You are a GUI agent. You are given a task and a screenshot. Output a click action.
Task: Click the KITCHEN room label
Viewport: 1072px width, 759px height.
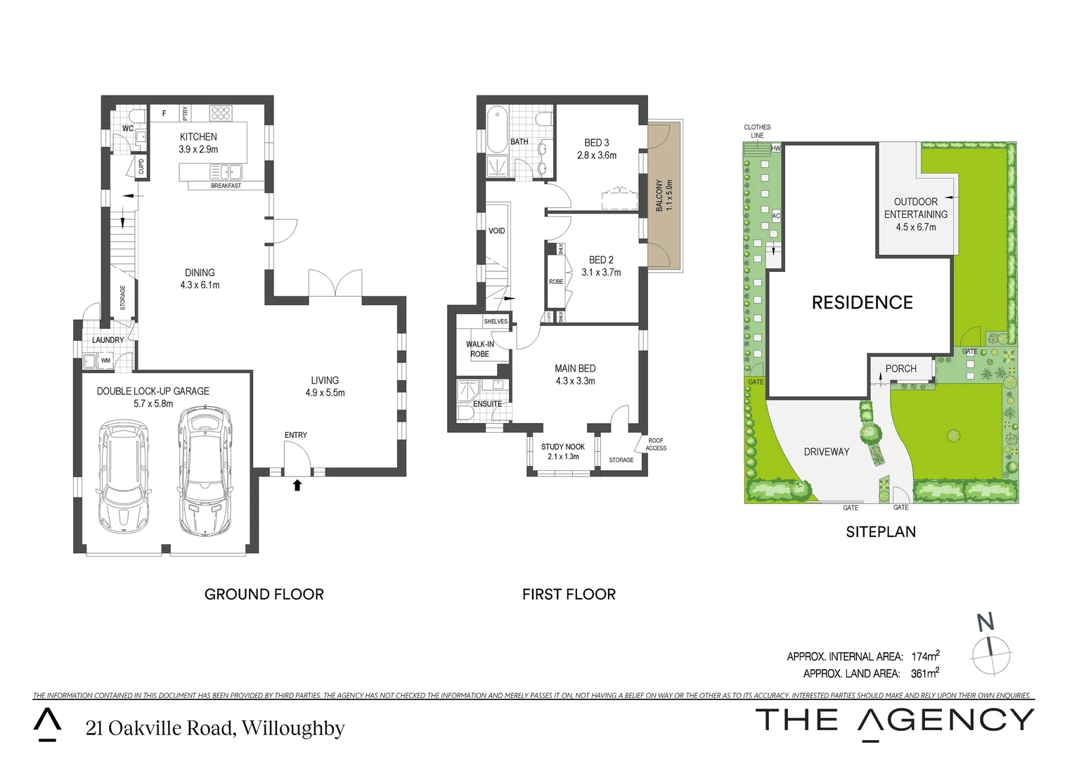pyautogui.click(x=198, y=137)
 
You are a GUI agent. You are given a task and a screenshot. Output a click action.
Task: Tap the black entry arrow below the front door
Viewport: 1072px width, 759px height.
pyautogui.click(x=297, y=484)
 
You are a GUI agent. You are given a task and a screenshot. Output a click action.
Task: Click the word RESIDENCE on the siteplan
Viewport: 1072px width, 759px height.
pyautogui.click(x=862, y=303)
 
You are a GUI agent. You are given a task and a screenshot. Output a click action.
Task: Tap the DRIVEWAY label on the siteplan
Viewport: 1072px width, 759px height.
pyautogui.click(x=826, y=452)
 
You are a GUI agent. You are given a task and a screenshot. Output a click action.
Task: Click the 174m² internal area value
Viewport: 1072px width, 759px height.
pyautogui.click(x=925, y=656)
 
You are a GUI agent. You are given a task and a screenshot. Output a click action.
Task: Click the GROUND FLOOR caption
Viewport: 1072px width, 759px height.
pyautogui.click(x=264, y=595)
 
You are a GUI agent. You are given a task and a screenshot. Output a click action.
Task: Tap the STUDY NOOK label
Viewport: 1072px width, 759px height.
pyautogui.click(x=562, y=447)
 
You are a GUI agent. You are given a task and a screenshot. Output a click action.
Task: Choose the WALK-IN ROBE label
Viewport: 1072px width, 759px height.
pyautogui.click(x=480, y=349)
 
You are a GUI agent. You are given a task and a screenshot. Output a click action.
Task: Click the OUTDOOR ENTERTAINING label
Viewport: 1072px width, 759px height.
pyautogui.click(x=915, y=208)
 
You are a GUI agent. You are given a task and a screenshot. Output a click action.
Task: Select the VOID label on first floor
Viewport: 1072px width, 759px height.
pyautogui.click(x=496, y=231)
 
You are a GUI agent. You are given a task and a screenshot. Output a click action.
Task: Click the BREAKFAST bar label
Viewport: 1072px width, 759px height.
pyautogui.click(x=226, y=186)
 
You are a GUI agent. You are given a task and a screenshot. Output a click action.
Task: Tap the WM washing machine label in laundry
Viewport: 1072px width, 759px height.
pyautogui.click(x=105, y=361)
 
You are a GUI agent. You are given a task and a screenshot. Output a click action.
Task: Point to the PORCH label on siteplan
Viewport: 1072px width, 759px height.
pyautogui.click(x=900, y=369)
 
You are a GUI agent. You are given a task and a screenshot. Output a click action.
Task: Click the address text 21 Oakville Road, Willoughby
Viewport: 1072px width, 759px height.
pyautogui.click(x=215, y=728)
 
